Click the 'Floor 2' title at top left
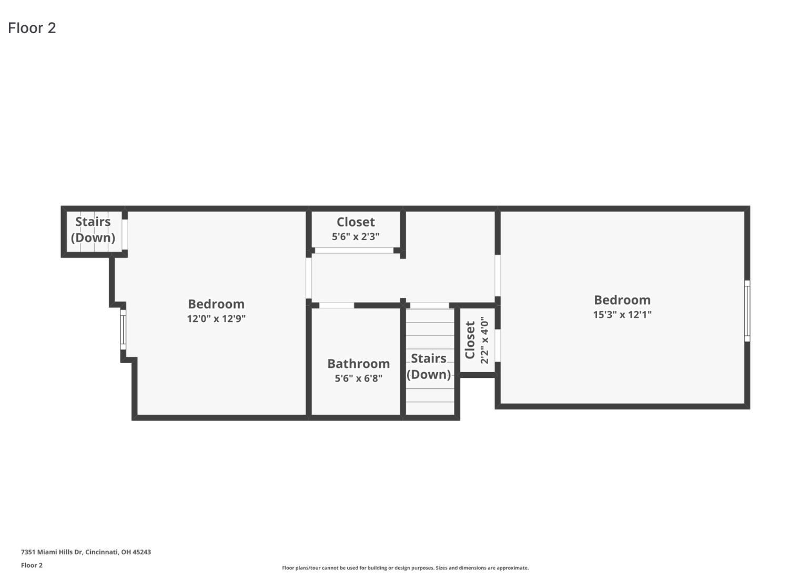pos(32,28)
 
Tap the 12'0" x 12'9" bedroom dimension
pos(216,318)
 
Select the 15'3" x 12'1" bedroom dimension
pos(622,315)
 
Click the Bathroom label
pos(358,364)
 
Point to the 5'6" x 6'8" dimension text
pos(358,378)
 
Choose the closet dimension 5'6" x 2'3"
pos(356,237)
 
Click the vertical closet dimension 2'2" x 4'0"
pos(484,340)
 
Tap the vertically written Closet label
pos(470,340)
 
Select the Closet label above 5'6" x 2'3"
pos(356,222)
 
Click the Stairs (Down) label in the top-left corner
pos(93,229)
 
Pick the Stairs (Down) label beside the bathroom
pos(429,366)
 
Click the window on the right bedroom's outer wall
pos(747,310)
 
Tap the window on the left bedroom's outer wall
pos(123,329)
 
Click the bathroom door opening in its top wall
pos(337,305)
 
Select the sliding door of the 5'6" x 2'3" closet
pos(354,250)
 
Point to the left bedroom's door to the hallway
pos(309,278)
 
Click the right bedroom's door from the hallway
pos(497,276)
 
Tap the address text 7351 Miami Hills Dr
pos(86,552)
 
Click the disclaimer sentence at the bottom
pos(405,568)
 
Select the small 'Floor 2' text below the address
pos(32,565)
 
